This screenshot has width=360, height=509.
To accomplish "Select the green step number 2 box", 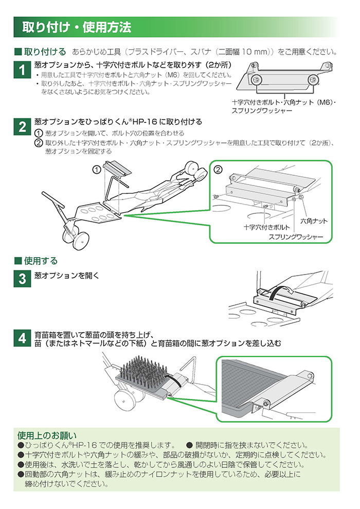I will click(22, 127).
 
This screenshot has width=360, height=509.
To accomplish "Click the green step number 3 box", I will click(22, 278).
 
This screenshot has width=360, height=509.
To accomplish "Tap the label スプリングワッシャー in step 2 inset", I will click(296, 237).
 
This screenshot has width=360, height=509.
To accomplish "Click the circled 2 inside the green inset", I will click(218, 170).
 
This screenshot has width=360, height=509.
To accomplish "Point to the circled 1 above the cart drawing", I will click(96, 169).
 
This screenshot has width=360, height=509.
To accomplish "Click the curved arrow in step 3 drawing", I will click(281, 292).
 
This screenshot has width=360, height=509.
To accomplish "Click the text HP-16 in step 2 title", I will click(146, 122).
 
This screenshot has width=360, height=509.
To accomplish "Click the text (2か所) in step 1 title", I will click(221, 65).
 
